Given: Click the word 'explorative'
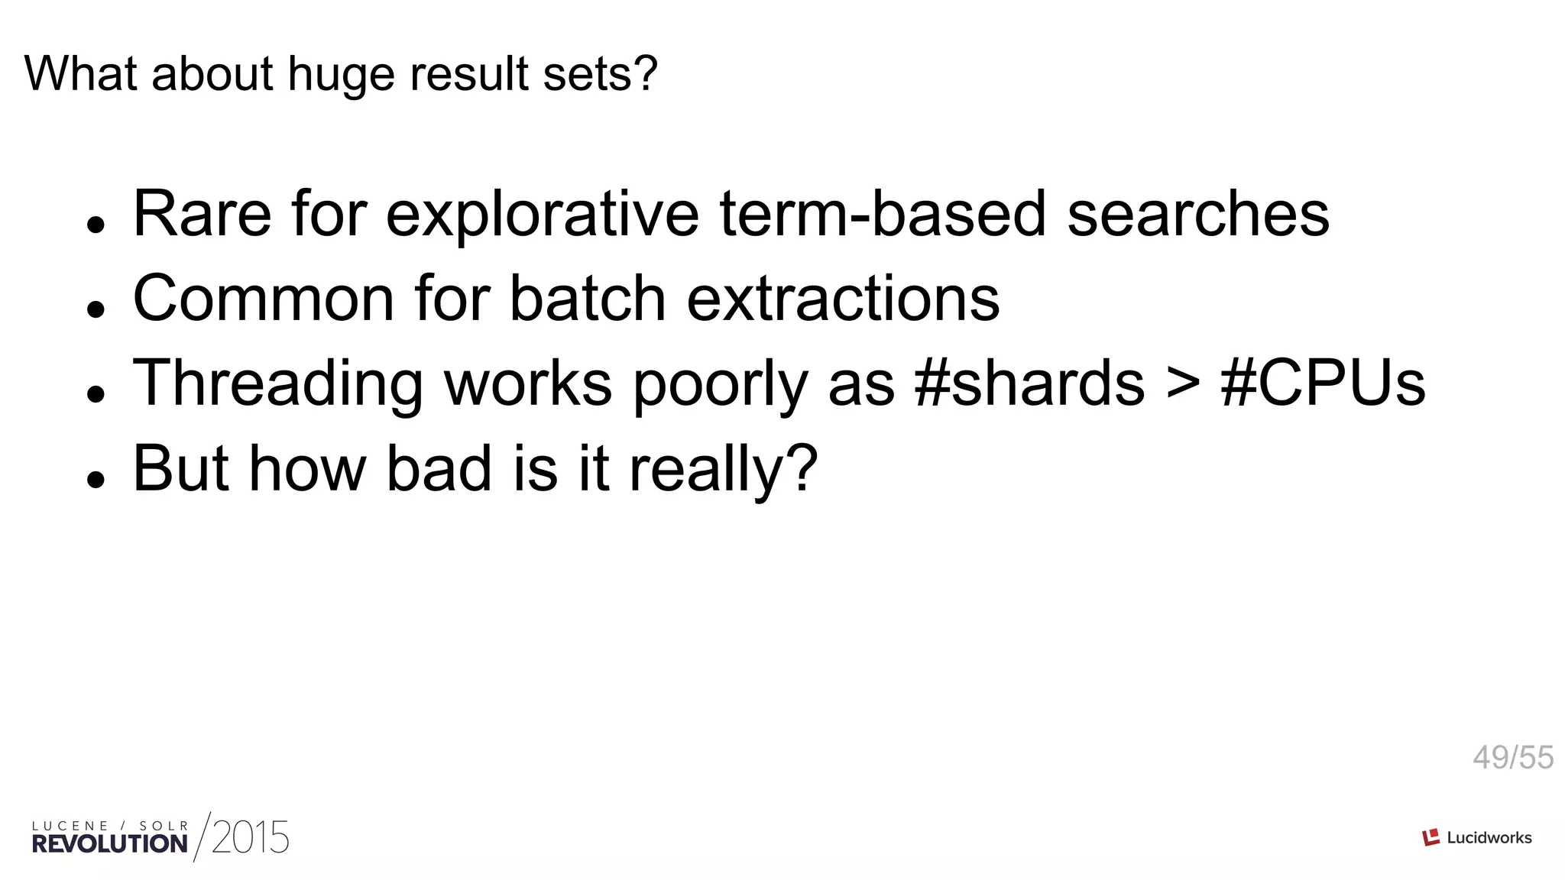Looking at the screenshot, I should pos(542,215).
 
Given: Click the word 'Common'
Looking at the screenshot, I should pos(264,299).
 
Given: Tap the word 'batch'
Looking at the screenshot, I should pos(587,299).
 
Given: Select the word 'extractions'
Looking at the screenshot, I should pos(843,299).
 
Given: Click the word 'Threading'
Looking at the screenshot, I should pos(277,384).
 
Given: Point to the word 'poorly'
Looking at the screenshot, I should pos(720,384).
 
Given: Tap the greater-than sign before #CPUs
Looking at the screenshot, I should pos(1183,384).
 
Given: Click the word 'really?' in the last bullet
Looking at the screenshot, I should pos(723,470).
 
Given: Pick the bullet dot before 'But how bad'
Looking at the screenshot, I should pos(96,480).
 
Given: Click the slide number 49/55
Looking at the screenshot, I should pos(1512,758).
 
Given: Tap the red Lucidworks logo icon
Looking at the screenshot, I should pos(1431,837).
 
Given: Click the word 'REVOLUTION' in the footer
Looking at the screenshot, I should pos(110,844).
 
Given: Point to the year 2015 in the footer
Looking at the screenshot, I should pos(251,838).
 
